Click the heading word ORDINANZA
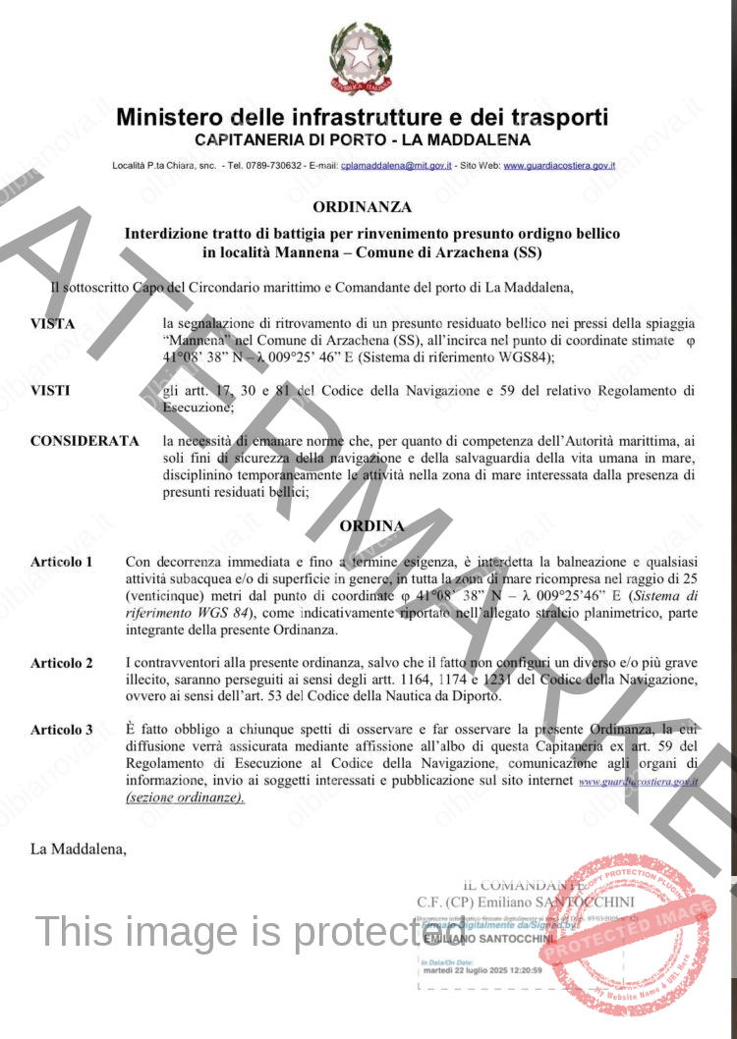tap(362, 207)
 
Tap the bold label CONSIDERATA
tap(85, 442)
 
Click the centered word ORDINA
tap(371, 526)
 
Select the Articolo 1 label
tap(62, 563)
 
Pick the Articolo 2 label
tap(62, 664)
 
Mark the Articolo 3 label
tap(62, 730)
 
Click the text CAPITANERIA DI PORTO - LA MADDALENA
tap(363, 140)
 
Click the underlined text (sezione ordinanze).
tap(186, 797)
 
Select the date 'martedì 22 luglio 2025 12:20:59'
tap(477, 971)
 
